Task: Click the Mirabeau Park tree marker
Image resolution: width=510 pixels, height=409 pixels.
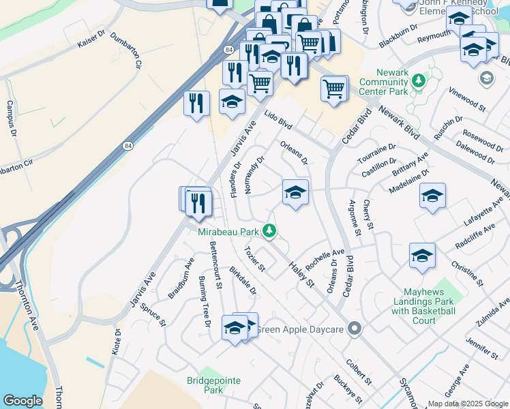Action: [270, 232]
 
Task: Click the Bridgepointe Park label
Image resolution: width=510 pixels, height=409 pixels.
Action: [205, 385]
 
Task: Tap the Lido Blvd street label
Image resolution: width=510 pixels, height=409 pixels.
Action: [278, 121]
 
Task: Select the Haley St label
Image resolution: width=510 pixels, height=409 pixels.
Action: [300, 273]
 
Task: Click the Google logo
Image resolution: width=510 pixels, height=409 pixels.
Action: [22, 400]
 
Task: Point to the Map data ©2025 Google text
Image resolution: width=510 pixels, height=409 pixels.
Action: [468, 404]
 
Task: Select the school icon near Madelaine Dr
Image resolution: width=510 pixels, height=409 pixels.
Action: [432, 196]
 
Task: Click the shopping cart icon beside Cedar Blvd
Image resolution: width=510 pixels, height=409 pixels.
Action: [334, 87]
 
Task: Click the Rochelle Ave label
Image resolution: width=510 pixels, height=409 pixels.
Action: [325, 259]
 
